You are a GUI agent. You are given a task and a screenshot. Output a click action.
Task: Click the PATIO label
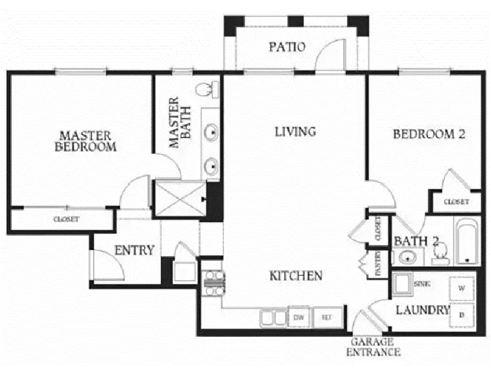click(x=287, y=47)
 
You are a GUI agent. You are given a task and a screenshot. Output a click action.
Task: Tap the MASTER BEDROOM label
click(x=85, y=142)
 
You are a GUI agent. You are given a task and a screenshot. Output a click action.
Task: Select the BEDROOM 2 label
click(x=429, y=134)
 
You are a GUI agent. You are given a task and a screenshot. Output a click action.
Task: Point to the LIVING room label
click(x=295, y=132)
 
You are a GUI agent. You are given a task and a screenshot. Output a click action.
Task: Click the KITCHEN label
click(x=296, y=275)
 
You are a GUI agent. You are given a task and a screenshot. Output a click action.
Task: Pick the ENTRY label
click(x=134, y=250)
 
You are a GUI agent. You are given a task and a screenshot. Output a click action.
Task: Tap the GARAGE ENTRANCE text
click(x=373, y=347)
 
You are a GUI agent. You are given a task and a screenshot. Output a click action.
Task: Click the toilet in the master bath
click(x=207, y=90)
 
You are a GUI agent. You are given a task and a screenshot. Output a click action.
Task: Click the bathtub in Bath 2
click(x=467, y=242)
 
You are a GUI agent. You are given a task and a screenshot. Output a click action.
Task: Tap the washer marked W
click(x=462, y=288)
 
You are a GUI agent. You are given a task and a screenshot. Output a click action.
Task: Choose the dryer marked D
click(x=462, y=315)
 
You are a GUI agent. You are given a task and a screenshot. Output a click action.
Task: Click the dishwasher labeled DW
click(x=299, y=317)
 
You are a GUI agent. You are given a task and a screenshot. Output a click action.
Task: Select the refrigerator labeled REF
click(x=327, y=317)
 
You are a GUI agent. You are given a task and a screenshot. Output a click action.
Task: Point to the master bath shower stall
click(x=180, y=197)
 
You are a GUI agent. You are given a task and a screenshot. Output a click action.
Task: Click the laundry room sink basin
click(x=402, y=283)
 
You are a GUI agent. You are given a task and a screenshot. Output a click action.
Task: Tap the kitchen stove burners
click(x=214, y=283)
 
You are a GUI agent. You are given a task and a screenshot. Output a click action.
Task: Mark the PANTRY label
click(x=378, y=263)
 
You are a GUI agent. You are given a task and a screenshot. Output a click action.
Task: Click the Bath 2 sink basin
click(x=408, y=258)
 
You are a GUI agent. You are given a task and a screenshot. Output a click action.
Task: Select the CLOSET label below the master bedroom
click(x=66, y=219)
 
